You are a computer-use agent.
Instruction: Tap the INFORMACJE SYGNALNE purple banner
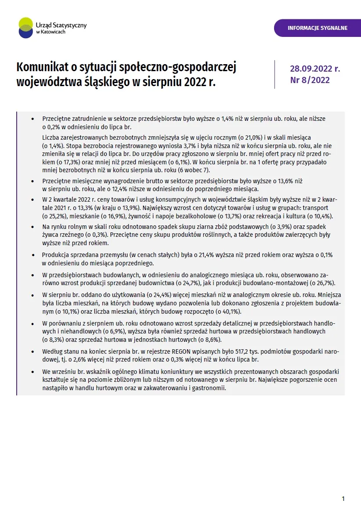click(x=317, y=28)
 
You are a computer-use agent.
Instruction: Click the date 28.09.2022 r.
click(x=315, y=69)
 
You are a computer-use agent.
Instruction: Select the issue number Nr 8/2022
click(x=310, y=80)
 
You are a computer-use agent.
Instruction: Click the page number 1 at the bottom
click(x=343, y=499)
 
